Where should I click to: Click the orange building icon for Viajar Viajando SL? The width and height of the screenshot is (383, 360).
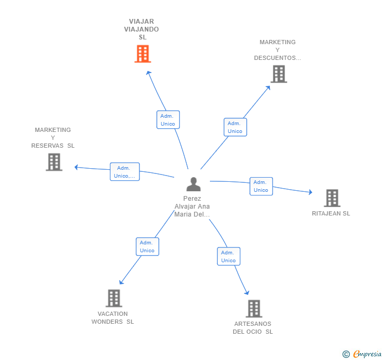pyautogui.click(x=143, y=54)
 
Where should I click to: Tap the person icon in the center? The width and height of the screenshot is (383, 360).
pyautogui.click(x=194, y=184)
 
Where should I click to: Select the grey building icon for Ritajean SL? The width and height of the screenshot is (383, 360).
pyautogui.click(x=331, y=198)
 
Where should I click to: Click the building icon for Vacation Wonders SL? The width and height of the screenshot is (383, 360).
pyautogui.click(x=114, y=298)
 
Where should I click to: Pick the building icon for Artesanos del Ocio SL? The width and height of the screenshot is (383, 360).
pyautogui.click(x=254, y=308)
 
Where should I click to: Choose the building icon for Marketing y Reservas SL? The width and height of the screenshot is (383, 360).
pyautogui.click(x=54, y=162)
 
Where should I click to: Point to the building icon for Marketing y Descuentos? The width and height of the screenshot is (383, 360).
pyautogui.click(x=278, y=74)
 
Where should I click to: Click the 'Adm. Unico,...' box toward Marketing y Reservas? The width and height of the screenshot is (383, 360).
pyautogui.click(x=125, y=172)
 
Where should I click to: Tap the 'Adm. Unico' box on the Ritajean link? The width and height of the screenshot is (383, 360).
pyautogui.click(x=261, y=186)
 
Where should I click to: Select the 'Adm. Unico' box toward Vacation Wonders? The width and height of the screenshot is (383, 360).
pyautogui.click(x=147, y=246)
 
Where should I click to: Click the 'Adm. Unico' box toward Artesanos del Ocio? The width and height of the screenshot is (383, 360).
pyautogui.click(x=228, y=256)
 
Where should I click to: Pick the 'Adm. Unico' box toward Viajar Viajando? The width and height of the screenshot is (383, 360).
pyautogui.click(x=168, y=120)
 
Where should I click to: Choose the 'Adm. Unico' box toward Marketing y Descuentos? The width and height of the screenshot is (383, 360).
pyautogui.click(x=235, y=127)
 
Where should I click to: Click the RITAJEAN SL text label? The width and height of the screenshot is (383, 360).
pyautogui.click(x=331, y=213)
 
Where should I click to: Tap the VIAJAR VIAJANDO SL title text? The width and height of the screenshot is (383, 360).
pyautogui.click(x=142, y=29)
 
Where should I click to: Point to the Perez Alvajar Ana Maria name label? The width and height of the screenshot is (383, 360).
pyautogui.click(x=193, y=207)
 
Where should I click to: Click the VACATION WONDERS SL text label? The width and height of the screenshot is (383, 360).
pyautogui.click(x=113, y=318)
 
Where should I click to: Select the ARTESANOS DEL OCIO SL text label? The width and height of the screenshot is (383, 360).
pyautogui.click(x=253, y=328)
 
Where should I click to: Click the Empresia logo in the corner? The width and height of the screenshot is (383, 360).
pyautogui.click(x=362, y=354)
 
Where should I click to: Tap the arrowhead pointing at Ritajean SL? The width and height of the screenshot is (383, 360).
pyautogui.click(x=310, y=193)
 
